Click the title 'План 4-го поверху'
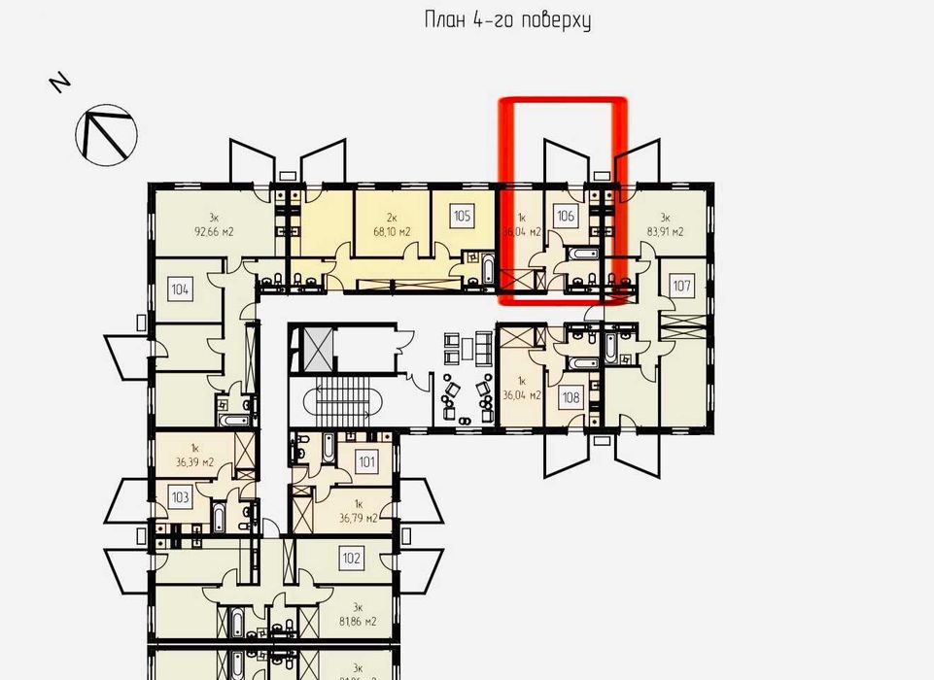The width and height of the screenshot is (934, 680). click(x=508, y=20)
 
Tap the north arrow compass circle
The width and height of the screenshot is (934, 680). click(x=106, y=131)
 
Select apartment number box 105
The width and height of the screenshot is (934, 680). click(x=463, y=216)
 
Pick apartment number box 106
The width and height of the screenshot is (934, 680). click(x=567, y=217)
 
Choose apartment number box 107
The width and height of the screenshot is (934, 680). click(x=682, y=287)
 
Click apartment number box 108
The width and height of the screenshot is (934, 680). click(x=571, y=396)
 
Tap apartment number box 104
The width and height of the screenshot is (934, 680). click(x=179, y=288)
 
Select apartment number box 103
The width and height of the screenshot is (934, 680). click(x=180, y=496)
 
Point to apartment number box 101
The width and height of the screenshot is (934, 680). click(x=366, y=462)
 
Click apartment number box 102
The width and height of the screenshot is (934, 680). click(x=352, y=558)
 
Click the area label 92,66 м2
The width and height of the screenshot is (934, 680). click(x=215, y=232)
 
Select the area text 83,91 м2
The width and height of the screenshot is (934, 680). click(x=665, y=232)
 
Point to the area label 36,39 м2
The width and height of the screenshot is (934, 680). click(x=194, y=463)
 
